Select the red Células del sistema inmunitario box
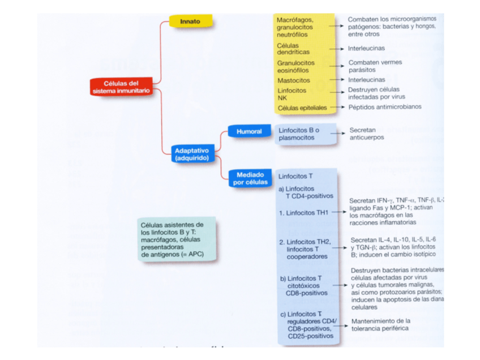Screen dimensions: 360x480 click(x=121, y=87)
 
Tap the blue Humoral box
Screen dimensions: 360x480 click(x=248, y=132)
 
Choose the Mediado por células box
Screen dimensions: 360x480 click(x=250, y=179)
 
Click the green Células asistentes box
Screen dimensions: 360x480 click(x=177, y=240)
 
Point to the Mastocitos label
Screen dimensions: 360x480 click(x=293, y=80)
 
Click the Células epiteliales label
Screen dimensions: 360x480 click(x=302, y=108)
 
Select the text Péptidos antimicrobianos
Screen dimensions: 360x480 click(x=384, y=107)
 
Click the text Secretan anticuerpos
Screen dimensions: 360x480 click(x=366, y=134)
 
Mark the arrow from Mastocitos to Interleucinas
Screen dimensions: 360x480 click(x=337, y=80)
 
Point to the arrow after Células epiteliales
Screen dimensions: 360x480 click(x=337, y=108)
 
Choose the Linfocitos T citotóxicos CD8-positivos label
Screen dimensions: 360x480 click(x=306, y=286)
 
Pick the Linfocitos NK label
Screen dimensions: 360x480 click(x=291, y=94)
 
